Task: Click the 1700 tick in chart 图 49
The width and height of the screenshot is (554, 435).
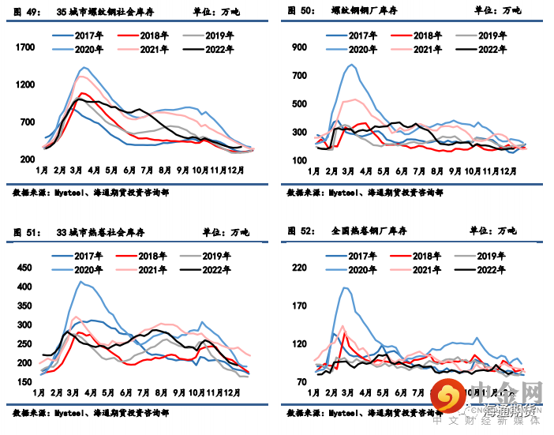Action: (26, 48)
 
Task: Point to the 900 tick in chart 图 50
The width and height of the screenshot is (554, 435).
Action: (300, 47)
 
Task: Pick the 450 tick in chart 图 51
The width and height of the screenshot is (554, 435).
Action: (29, 268)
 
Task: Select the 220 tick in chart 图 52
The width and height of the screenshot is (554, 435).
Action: (299, 268)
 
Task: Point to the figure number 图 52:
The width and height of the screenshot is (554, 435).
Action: (301, 231)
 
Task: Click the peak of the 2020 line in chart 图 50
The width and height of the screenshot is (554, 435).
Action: (352, 65)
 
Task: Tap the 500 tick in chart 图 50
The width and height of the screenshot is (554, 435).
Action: (300, 103)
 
